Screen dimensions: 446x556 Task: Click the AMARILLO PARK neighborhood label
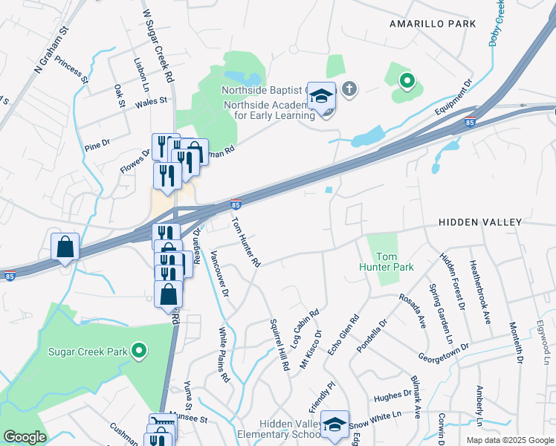pyautogui.click(x=432, y=24)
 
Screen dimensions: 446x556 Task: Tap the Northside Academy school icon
pyautogui.click(x=322, y=97)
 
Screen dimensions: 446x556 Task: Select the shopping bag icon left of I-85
pyautogui.click(x=65, y=247)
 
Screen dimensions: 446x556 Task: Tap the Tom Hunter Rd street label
pyautogui.click(x=245, y=242)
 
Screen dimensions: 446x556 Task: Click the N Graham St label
pyautogui.click(x=51, y=50)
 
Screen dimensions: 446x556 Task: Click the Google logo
pyautogui.click(x=25, y=437)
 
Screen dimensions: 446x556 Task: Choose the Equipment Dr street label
pyautogui.click(x=454, y=99)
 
